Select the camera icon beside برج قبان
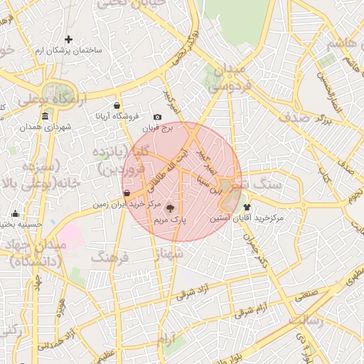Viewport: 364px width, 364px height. tap(157, 117)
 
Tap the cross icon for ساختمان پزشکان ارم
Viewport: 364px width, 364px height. tap(69, 39)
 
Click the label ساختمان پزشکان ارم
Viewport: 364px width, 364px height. tap(69, 52)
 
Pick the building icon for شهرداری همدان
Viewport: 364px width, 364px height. tap(45, 116)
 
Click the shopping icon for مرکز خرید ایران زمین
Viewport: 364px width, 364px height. tap(127, 193)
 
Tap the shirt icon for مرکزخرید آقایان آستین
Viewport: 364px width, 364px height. tap(247, 208)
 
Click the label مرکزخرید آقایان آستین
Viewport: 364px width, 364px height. tap(246, 220)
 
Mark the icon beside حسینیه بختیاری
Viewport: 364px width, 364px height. tap(16, 214)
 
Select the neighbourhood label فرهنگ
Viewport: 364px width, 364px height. tap(109, 256)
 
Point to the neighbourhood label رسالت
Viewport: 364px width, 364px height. tap(306, 318)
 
